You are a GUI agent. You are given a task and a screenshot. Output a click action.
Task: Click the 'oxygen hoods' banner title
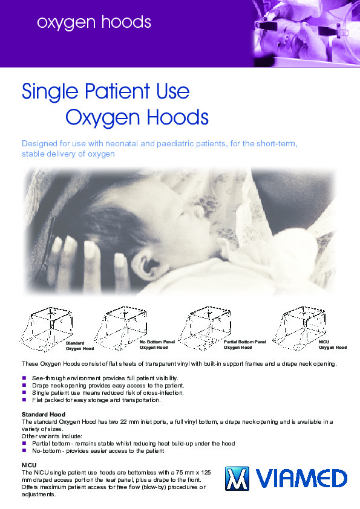click(x=94, y=23)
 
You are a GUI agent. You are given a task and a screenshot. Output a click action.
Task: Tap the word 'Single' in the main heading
click(x=50, y=92)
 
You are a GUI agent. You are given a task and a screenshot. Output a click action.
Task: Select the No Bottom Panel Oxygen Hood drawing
click(x=120, y=328)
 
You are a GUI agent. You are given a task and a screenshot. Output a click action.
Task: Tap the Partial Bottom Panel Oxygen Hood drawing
click(x=205, y=328)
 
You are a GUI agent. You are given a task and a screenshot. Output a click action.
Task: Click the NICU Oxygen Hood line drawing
click(x=299, y=328)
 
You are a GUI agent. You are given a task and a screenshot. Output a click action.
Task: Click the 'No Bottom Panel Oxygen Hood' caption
click(x=157, y=345)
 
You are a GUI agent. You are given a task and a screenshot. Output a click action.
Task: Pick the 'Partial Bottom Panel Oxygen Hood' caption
click(x=245, y=345)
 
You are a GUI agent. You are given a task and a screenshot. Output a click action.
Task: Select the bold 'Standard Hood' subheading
click(x=44, y=415)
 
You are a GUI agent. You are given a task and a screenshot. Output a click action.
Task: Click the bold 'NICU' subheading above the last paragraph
click(x=29, y=465)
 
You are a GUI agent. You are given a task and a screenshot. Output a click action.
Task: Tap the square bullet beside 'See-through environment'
click(x=24, y=378)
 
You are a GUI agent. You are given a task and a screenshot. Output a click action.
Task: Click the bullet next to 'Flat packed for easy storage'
click(x=24, y=400)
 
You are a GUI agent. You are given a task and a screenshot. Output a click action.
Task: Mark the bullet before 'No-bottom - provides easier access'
click(x=24, y=450)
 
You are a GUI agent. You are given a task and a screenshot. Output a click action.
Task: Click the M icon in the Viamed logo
click(x=237, y=479)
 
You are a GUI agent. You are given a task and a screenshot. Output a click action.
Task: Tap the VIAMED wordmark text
click(x=301, y=479)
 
